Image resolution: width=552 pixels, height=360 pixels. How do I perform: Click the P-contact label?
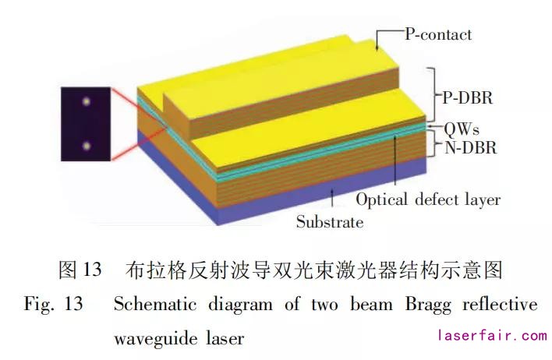pos(437,35)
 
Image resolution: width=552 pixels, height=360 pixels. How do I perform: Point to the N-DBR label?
pos(467,145)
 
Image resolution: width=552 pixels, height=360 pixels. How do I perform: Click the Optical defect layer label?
pos(428,199)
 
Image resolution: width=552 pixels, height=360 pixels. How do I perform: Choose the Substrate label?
pos(329,222)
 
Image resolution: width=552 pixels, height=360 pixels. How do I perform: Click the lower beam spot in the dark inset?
pos(87,146)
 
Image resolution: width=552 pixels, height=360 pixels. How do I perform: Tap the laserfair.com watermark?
pos(492,337)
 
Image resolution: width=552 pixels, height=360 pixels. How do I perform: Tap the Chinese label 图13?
pos(80,270)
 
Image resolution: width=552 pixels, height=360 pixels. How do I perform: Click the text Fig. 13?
pos(53,304)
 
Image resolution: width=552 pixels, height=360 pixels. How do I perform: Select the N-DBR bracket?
pos(431,145)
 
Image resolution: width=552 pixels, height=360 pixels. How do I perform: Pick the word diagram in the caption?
pos(234,304)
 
